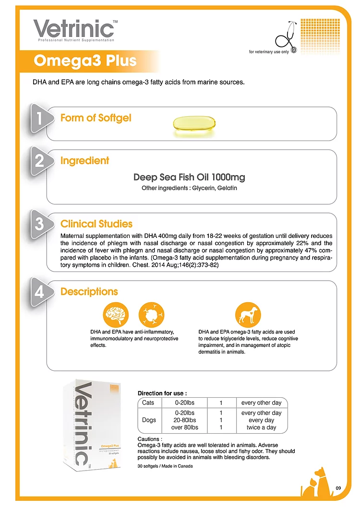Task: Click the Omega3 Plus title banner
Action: pos(85,61)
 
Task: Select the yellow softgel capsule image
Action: pos(194,125)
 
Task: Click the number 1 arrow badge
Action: pos(41,118)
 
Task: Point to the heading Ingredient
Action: pos(85,160)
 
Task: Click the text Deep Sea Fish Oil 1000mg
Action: pos(189,177)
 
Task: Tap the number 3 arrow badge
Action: pos(41,224)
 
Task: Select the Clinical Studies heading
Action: pos(96,224)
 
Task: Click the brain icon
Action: pos(116,315)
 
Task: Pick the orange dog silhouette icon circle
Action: pos(248,315)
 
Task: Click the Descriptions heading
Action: pos(89,292)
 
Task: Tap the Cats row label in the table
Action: pos(148,402)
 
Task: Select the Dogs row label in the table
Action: pos(149,420)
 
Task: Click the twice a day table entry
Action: pos(261,427)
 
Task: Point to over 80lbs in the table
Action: pos(184,427)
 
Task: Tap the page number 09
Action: pos(338,488)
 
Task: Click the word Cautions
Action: pos(148,439)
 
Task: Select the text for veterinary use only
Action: pos(269,52)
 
